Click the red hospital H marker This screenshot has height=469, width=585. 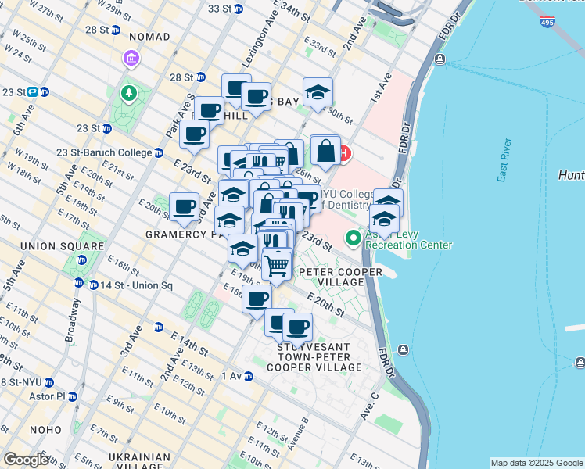click(x=343, y=153)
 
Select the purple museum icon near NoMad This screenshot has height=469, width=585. click(x=130, y=59)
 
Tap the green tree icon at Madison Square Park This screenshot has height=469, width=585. click(x=128, y=95)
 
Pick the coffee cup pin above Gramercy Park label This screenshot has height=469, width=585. click(x=184, y=208)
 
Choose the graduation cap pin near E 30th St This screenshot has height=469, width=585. click(x=318, y=93)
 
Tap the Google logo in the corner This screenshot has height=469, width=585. click(x=26, y=460)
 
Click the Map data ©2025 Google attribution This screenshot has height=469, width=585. click(x=537, y=463)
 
